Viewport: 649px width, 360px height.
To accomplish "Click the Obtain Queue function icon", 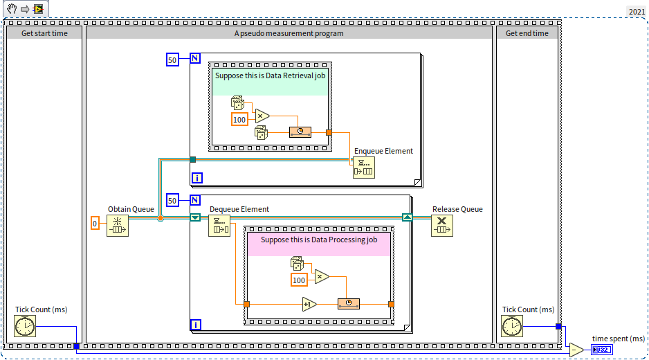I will click(118, 226).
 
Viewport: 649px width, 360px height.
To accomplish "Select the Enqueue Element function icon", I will click(363, 168).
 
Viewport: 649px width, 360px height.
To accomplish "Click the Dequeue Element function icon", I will click(219, 226).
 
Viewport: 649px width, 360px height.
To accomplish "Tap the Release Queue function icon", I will click(442, 226).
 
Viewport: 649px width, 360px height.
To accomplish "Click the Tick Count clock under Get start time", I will click(25, 326).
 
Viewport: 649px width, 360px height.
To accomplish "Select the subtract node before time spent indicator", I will click(576, 350).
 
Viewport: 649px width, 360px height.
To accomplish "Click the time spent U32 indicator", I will click(601, 350).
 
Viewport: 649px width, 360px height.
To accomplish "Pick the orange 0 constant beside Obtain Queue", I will click(95, 223).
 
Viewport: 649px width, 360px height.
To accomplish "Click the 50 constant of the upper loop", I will click(173, 60).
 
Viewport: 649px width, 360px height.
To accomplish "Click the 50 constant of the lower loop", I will click(173, 201).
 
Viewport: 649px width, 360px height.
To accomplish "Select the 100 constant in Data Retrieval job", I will click(239, 119).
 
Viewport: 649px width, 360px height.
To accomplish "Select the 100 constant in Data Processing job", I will click(299, 280).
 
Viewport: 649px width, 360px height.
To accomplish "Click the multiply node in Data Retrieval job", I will click(262, 115).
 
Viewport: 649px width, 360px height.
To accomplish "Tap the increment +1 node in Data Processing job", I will click(309, 304).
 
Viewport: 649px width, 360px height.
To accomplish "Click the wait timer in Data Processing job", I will click(349, 304).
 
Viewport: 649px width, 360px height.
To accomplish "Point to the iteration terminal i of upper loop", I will click(197, 178).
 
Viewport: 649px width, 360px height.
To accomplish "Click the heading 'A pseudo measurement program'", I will click(289, 33).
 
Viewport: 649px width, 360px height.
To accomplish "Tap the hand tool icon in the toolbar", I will click(11, 8).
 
